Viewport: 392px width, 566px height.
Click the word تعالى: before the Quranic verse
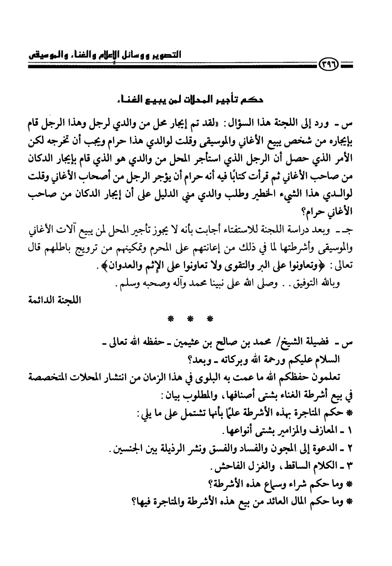point(347,266)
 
